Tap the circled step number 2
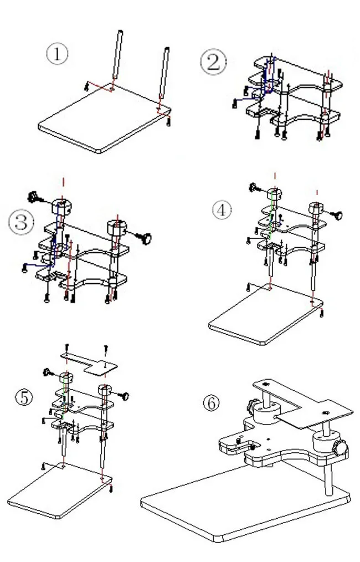click(213, 62)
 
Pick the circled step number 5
click(24, 397)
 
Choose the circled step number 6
click(210, 403)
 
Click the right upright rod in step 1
click(163, 78)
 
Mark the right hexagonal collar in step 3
click(117, 227)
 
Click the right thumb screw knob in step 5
click(125, 396)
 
